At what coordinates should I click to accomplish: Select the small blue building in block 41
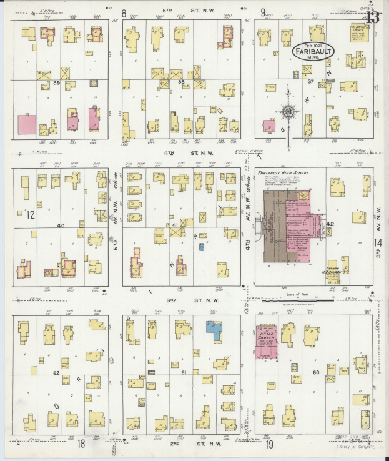tap(202, 247)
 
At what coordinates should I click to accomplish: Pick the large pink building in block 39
tap(26, 124)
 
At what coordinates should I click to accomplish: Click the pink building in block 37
tap(270, 126)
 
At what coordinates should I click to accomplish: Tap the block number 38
tap(181, 81)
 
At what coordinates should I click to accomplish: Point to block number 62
tap(56, 373)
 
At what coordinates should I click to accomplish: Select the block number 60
tap(316, 373)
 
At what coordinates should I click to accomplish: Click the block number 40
tap(60, 226)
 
